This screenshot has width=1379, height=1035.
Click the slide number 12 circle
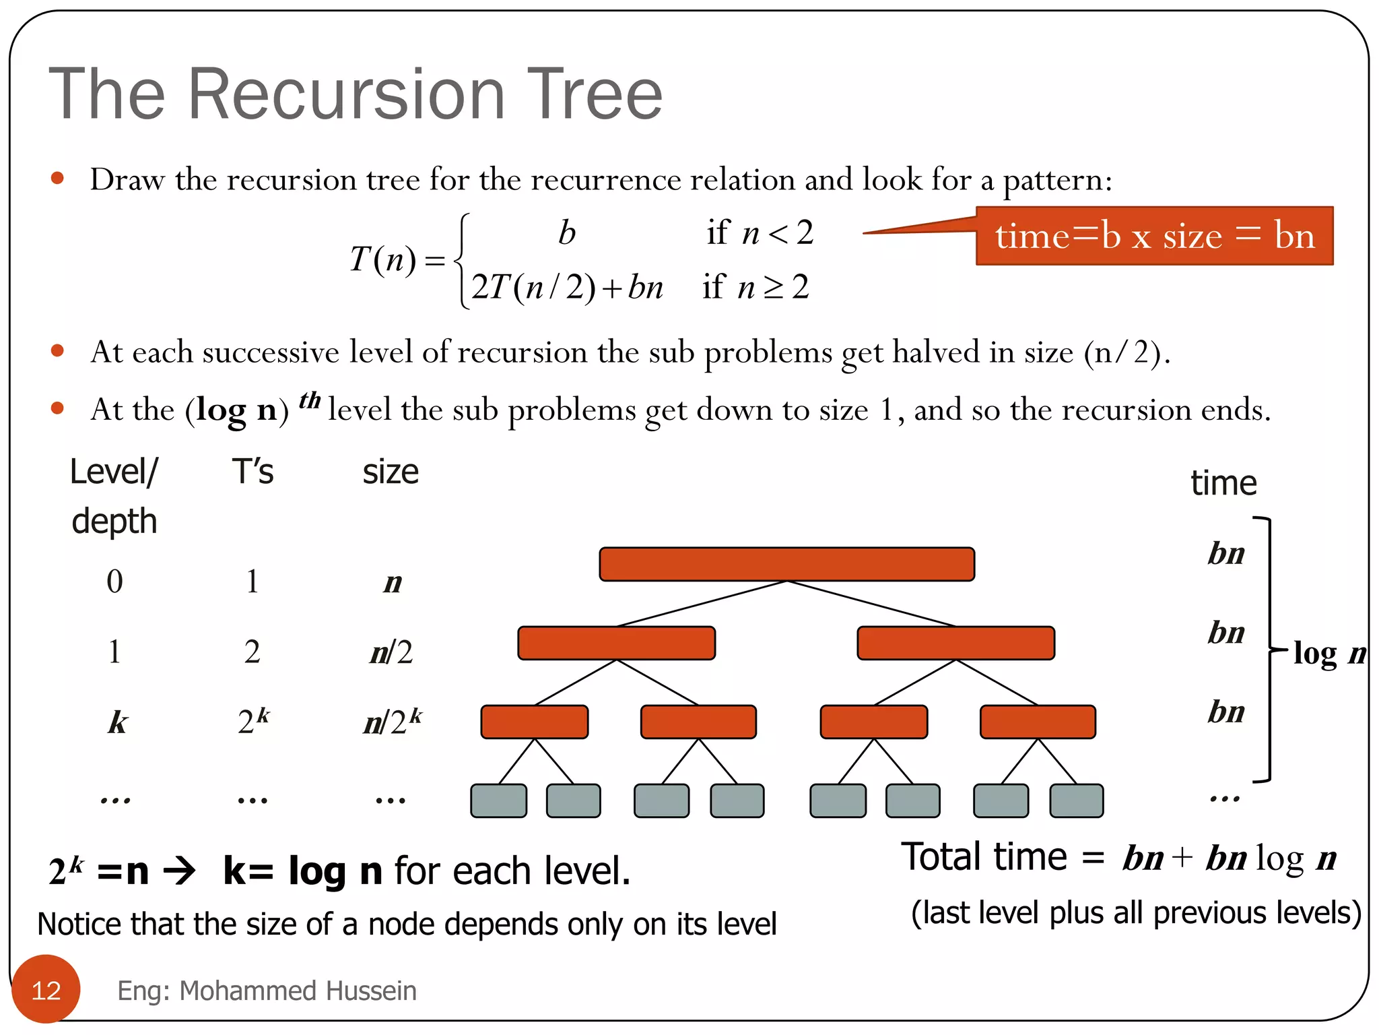(46, 989)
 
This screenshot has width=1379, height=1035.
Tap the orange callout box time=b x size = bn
(1154, 236)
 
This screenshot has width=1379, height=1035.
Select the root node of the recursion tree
(786, 564)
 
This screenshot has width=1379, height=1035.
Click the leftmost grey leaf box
(498, 801)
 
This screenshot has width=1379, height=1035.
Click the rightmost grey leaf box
(1076, 801)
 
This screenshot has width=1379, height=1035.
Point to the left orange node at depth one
(616, 643)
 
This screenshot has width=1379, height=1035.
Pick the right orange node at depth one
(955, 643)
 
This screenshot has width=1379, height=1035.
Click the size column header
(391, 472)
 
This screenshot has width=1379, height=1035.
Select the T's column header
(253, 472)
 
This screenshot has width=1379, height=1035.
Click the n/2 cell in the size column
(391, 652)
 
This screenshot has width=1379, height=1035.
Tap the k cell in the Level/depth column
(117, 722)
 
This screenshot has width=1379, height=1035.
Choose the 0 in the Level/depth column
(114, 581)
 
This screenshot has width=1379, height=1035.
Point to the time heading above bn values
(1223, 483)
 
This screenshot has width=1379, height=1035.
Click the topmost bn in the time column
(1226, 553)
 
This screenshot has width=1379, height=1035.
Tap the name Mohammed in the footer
(248, 991)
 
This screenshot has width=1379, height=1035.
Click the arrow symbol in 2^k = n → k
(180, 871)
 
